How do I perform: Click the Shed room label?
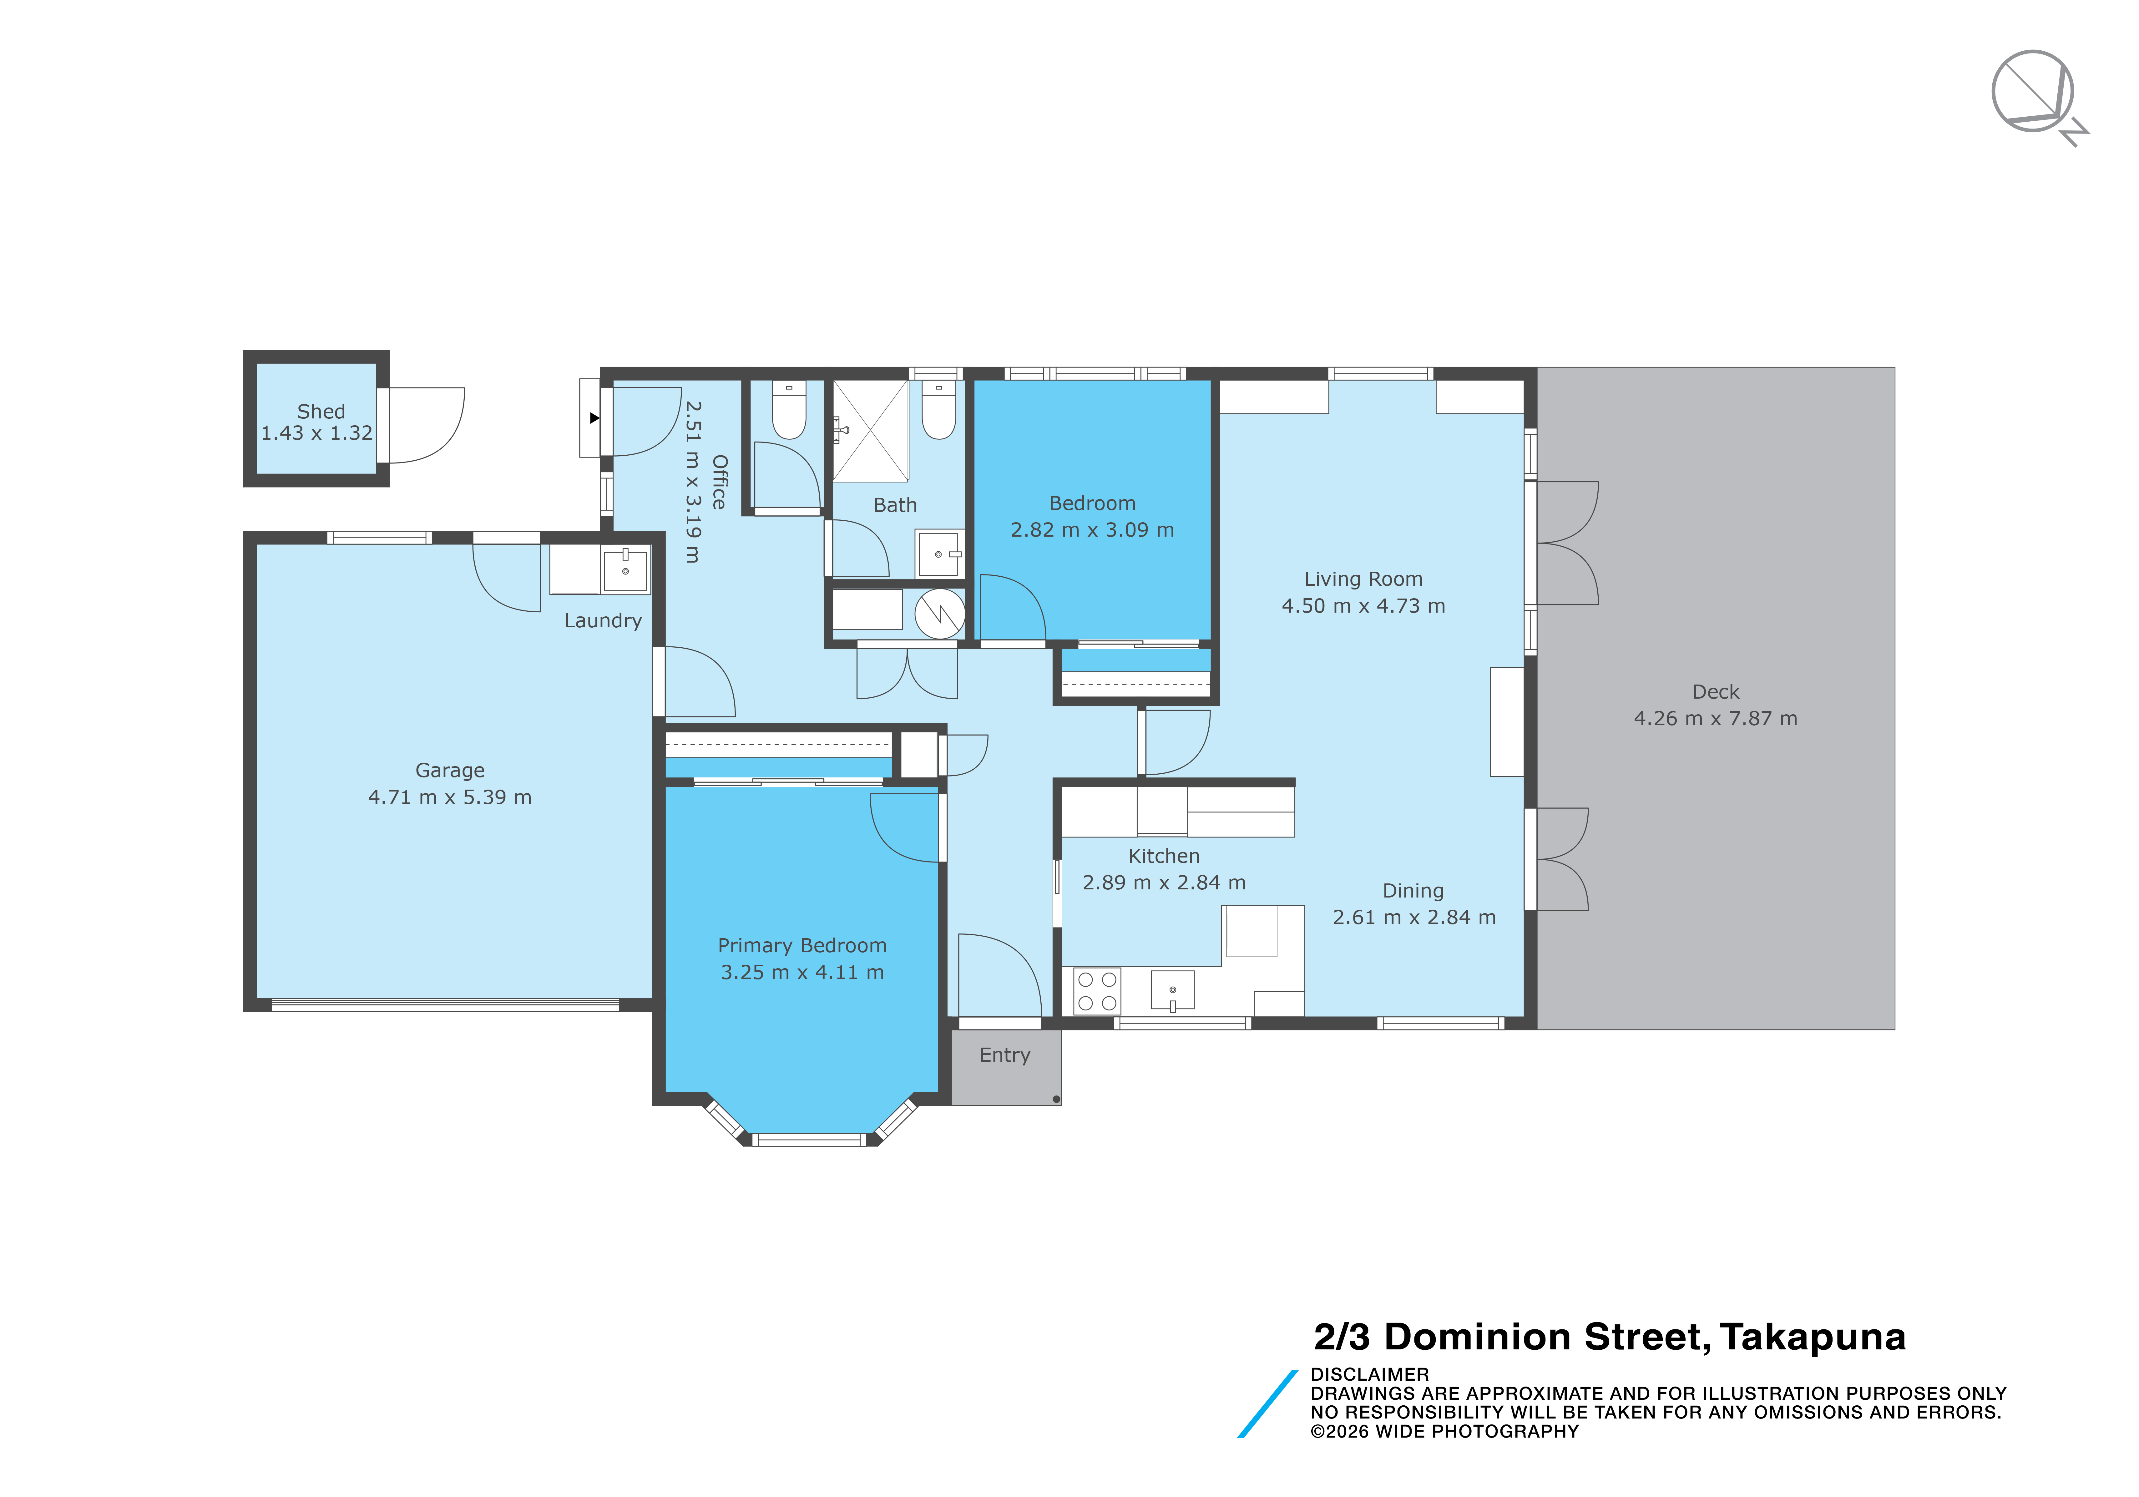321,412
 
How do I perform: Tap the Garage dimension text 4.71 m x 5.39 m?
450,797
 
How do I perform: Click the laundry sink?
625,569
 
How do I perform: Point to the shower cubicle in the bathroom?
870,430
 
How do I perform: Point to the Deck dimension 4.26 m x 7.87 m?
1715,718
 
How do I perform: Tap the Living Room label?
1363,579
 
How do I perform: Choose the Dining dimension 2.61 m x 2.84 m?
1414,918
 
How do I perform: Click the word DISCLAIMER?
1369,1374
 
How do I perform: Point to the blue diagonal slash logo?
1267,1404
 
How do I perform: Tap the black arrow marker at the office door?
594,418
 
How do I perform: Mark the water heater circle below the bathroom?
939,614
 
